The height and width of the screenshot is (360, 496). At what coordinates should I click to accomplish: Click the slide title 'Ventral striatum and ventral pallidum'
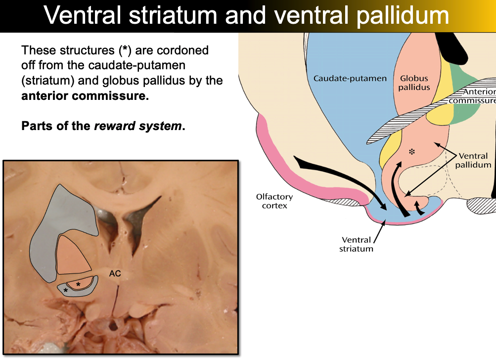246,16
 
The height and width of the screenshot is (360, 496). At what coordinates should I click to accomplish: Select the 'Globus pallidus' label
414,83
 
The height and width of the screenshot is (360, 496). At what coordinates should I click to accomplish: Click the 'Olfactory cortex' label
271,201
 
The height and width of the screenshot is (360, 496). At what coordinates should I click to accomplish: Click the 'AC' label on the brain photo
115,273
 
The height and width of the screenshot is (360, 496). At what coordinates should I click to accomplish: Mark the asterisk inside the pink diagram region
411,151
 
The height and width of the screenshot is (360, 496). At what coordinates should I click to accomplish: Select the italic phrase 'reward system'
137,126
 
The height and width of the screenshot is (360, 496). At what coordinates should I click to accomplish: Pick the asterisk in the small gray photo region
65,290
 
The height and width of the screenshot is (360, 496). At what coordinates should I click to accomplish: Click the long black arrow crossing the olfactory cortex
341,180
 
